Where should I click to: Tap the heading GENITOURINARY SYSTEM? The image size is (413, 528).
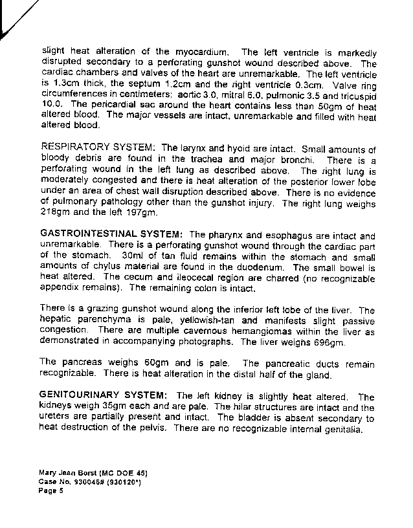tap(104, 396)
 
